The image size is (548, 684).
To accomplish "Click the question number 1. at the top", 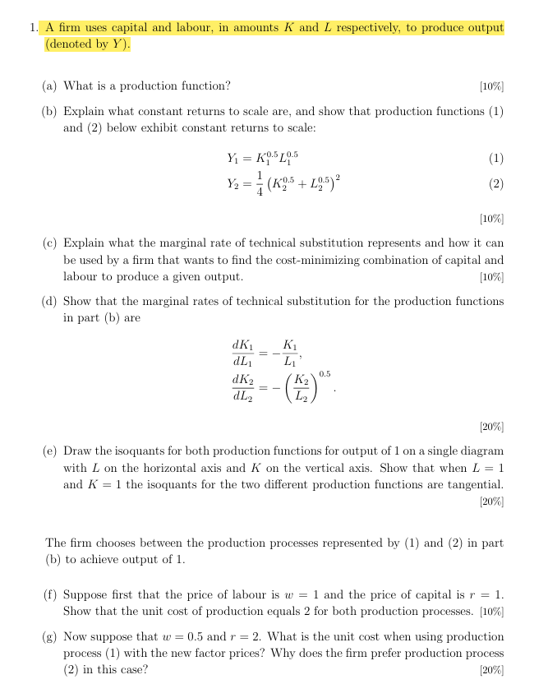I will pos(33,28).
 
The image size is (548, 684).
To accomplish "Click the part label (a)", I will pos(50,86).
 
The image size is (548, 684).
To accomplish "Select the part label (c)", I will pos(50,243).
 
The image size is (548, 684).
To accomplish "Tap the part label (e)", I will pos(50,451).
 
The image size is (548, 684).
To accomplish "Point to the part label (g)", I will pos(50,637).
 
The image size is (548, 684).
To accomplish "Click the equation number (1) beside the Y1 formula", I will pos(495,158).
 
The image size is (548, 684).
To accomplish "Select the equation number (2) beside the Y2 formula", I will pos(495,184).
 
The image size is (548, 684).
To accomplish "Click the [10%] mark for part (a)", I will pos(491,86).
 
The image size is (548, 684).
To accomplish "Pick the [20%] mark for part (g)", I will pos(491,670).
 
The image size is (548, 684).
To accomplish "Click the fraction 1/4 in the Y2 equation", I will pos(260,184).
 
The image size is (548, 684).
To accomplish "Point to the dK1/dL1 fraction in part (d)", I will pos(242,353).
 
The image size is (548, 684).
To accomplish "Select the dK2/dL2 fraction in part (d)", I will pos(242,387).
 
